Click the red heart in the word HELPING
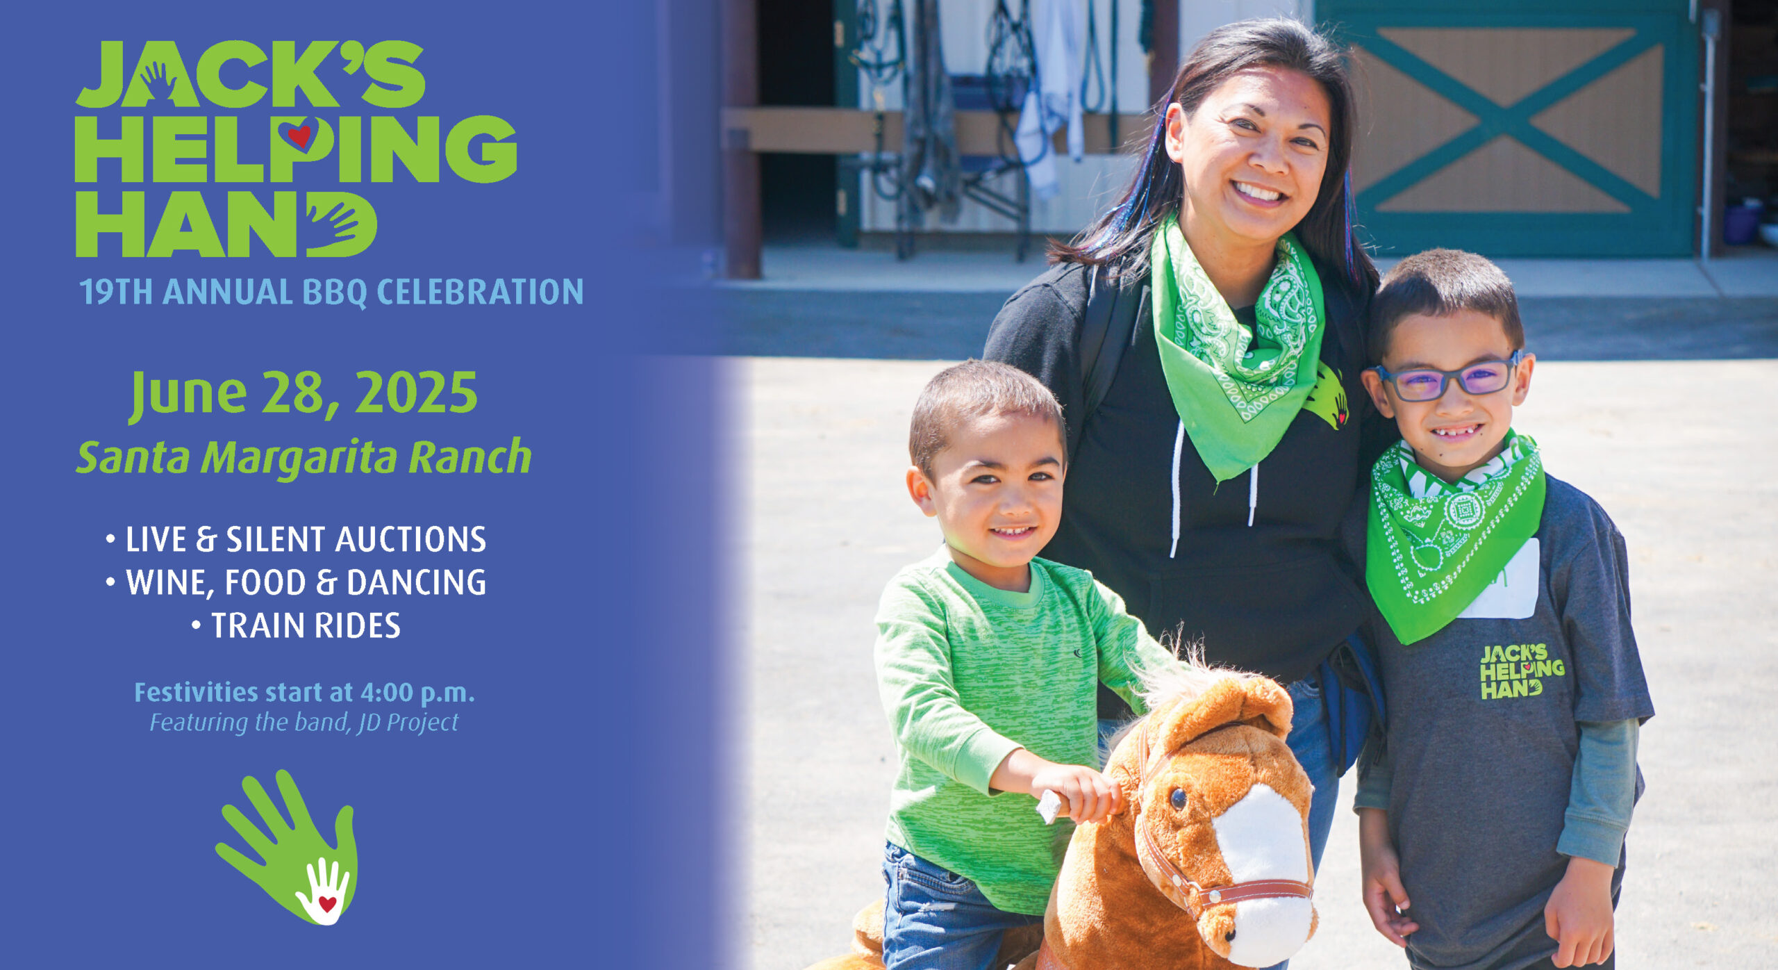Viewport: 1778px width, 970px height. [299, 135]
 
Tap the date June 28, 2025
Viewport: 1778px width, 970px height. [304, 394]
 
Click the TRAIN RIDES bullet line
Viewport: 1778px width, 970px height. [297, 625]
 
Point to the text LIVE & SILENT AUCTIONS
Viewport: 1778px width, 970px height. [297, 539]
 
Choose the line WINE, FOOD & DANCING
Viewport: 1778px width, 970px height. [297, 582]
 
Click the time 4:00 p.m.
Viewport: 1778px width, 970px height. [417, 693]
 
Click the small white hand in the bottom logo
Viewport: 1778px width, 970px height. [323, 890]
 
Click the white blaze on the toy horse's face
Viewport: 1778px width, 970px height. [1261, 876]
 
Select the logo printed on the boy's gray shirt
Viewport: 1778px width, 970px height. [1521, 671]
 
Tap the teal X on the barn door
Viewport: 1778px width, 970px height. [1506, 120]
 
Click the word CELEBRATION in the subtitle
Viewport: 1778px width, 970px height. [479, 292]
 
